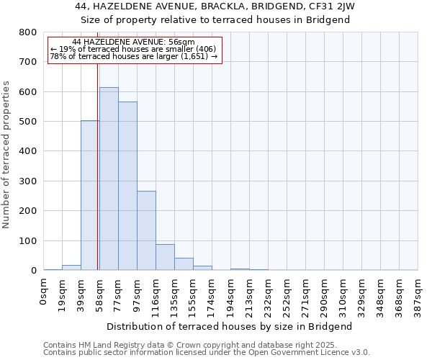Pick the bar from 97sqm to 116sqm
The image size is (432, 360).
tap(146, 230)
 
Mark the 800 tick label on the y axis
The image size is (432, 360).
tap(28, 32)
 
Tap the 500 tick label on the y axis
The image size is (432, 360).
tap(28, 122)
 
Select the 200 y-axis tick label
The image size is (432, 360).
tap(28, 211)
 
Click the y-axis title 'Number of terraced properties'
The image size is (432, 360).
tap(7, 155)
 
